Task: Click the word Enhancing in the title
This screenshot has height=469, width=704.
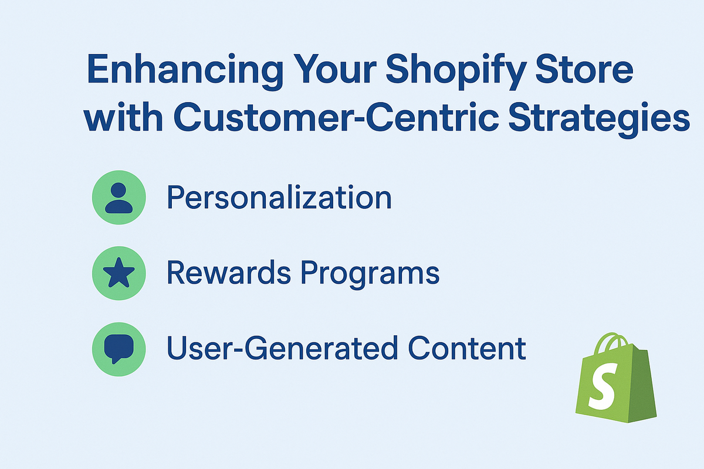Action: click(x=185, y=72)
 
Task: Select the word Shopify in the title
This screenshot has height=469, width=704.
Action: click(x=456, y=71)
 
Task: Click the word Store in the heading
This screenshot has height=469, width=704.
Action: click(x=584, y=69)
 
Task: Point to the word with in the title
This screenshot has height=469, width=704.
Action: click(x=123, y=117)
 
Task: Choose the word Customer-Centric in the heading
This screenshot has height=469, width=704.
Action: click(x=336, y=117)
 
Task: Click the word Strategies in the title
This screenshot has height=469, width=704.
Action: click(x=599, y=120)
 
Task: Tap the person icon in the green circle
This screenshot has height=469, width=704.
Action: click(x=119, y=198)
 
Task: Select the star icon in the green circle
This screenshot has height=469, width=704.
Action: click(x=119, y=273)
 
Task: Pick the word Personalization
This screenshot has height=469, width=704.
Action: click(x=279, y=198)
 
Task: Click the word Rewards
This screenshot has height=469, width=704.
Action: click(x=229, y=273)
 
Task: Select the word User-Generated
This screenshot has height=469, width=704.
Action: click(x=282, y=348)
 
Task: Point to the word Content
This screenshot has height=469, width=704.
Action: click(x=467, y=348)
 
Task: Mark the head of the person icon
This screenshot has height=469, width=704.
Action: click(x=119, y=190)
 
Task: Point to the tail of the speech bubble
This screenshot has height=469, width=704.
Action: click(x=115, y=361)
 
